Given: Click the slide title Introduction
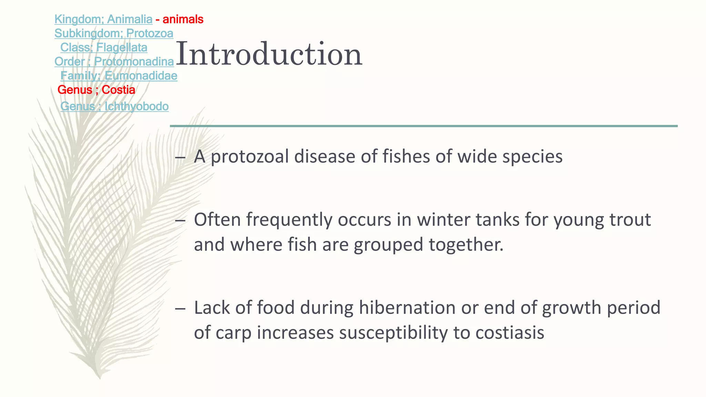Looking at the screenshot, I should tap(269, 54).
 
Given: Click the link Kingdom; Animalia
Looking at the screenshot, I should tap(103, 19).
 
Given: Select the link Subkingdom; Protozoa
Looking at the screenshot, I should tap(114, 33).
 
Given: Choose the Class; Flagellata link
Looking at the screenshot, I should tap(104, 48).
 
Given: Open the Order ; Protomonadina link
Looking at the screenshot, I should tap(114, 62).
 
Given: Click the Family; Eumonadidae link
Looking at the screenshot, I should tap(119, 76).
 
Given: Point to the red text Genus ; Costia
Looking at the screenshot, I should tap(96, 90).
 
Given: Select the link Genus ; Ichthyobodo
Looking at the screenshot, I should tap(114, 106).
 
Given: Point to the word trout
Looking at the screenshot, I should tap(630, 220).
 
